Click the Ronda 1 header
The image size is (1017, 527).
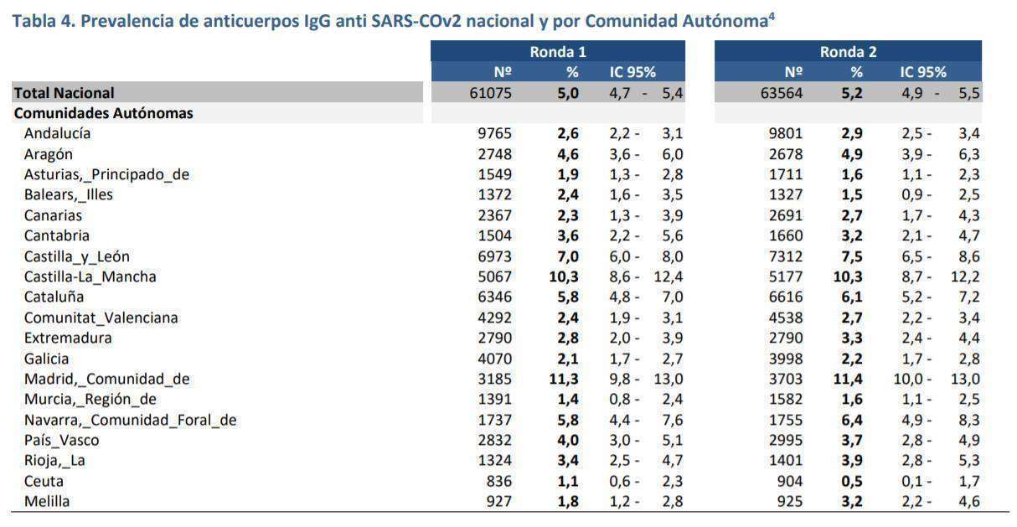coord(558,52)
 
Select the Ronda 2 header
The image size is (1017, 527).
coord(848,52)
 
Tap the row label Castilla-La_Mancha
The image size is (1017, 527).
coord(90,276)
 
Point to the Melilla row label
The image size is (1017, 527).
coord(47,501)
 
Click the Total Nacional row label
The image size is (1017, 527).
coord(64,93)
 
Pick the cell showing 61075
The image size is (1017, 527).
coord(490,93)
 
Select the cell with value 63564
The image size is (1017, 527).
coord(782,93)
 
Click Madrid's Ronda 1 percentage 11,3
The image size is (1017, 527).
coord(564,379)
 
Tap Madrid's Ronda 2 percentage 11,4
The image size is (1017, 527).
coord(848,379)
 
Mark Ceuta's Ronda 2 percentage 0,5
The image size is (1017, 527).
coord(852,481)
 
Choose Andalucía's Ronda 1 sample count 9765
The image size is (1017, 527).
coord(494,133)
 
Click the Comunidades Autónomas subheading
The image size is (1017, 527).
coord(104,113)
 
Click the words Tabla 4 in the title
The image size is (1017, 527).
coord(44,21)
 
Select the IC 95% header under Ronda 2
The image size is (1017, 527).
coord(923,72)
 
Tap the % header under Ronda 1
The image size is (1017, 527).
coord(572,72)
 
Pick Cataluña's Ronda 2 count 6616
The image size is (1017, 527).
coord(786,297)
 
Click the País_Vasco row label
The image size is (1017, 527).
coord(61,440)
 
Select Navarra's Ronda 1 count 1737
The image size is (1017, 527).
coord(494,420)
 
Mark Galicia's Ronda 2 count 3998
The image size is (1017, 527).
coord(786,359)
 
